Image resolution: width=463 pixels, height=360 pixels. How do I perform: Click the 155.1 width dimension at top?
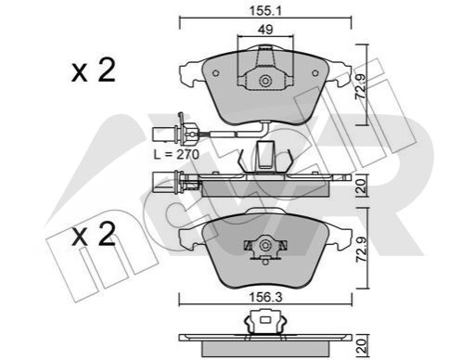coord(265,11)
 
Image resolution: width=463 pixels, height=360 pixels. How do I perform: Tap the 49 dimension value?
coord(265,30)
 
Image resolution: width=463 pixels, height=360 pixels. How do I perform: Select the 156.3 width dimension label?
coord(265,298)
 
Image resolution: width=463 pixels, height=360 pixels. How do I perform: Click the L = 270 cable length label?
coord(176,154)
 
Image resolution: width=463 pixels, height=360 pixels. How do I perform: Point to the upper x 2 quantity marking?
coord(94,71)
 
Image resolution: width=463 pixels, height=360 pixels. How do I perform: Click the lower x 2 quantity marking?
coord(94,234)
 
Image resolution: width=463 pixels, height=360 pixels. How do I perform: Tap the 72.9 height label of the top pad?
coord(361,86)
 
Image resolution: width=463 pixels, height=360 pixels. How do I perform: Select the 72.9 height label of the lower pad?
coord(361,250)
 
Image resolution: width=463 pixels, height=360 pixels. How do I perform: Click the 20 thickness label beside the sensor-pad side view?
coord(361,186)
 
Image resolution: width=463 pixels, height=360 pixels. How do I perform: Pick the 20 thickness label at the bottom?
coord(361,346)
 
